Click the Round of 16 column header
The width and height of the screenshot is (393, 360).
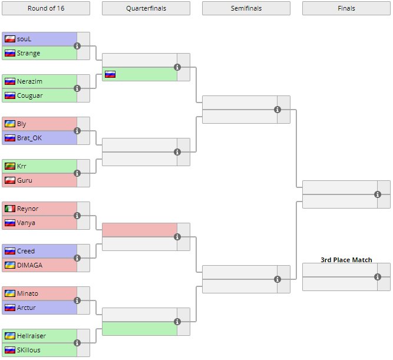(x=46, y=8)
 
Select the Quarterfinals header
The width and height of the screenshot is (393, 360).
(x=146, y=8)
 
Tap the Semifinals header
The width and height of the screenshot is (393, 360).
(x=246, y=8)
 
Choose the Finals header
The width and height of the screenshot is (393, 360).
(x=346, y=8)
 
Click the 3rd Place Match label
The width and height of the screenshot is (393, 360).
(x=346, y=259)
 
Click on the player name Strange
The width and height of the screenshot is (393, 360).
(x=29, y=53)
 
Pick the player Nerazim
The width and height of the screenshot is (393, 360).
(x=29, y=81)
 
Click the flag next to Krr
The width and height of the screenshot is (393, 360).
(x=9, y=166)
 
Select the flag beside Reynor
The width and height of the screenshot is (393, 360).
(x=9, y=209)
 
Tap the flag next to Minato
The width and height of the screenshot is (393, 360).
(x=9, y=293)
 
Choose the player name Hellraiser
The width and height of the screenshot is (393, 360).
(x=32, y=336)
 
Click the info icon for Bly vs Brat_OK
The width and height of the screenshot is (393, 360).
(x=77, y=131)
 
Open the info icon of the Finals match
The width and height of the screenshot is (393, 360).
(x=378, y=194)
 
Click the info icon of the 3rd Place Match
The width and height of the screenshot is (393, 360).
(x=378, y=277)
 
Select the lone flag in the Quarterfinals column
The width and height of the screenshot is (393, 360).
(x=110, y=74)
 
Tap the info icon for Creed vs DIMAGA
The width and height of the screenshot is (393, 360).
(x=77, y=258)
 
